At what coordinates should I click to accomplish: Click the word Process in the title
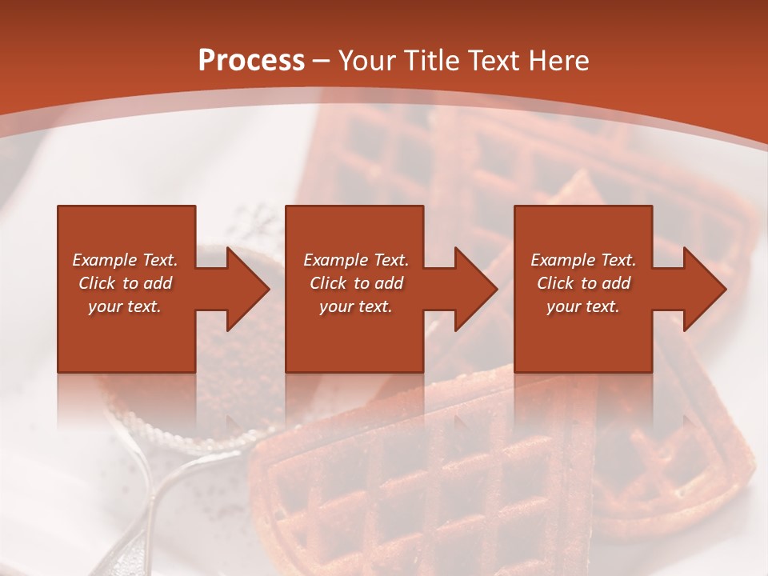tap(251, 61)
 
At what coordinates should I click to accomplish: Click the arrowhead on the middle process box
tap(474, 289)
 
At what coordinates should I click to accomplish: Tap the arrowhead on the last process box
tap(702, 289)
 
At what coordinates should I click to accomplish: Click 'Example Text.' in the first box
tap(125, 260)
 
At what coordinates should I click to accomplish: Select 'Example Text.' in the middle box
tap(356, 260)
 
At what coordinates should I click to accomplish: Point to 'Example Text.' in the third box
tap(583, 260)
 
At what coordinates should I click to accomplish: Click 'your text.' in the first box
tap(125, 306)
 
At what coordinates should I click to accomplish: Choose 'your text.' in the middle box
tap(356, 306)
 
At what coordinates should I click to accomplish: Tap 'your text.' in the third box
tap(583, 306)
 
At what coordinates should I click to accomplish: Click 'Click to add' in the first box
tap(125, 283)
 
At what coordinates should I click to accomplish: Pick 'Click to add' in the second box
tap(356, 283)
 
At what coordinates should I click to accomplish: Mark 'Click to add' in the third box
tap(583, 283)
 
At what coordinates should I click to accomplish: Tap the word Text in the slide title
tap(494, 61)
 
